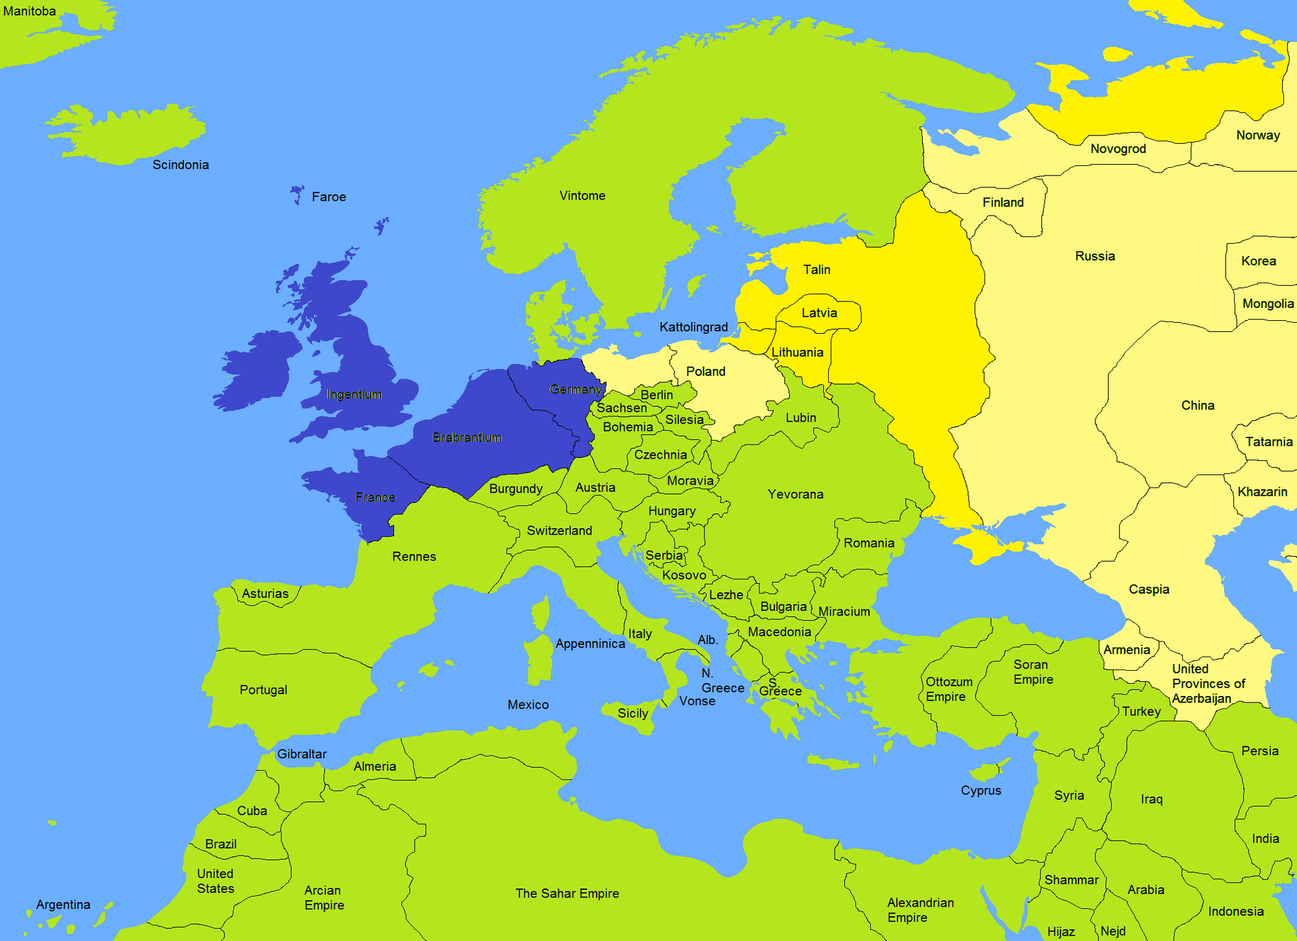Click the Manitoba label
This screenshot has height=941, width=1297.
click(29, 11)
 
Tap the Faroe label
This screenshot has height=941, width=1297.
click(328, 196)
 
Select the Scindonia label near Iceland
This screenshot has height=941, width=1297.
click(180, 165)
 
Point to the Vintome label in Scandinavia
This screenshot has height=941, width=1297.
click(582, 196)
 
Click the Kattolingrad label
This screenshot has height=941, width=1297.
click(693, 327)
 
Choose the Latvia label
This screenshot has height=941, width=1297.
click(819, 313)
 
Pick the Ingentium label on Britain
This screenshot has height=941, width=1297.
click(354, 395)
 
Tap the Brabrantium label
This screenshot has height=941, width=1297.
click(467, 437)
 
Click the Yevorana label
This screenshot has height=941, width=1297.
click(795, 494)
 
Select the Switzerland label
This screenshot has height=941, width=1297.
click(559, 531)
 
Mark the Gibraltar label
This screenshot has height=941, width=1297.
click(302, 754)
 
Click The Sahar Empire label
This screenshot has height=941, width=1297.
click(567, 893)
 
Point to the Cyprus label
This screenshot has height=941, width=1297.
click(981, 791)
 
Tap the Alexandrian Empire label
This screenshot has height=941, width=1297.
click(920, 910)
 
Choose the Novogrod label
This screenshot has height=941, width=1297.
click(1118, 148)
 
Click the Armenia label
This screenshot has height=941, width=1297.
click(1126, 649)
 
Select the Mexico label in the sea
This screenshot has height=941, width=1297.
click(528, 704)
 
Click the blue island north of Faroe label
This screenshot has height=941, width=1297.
click(297, 193)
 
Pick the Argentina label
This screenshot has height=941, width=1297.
click(63, 904)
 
